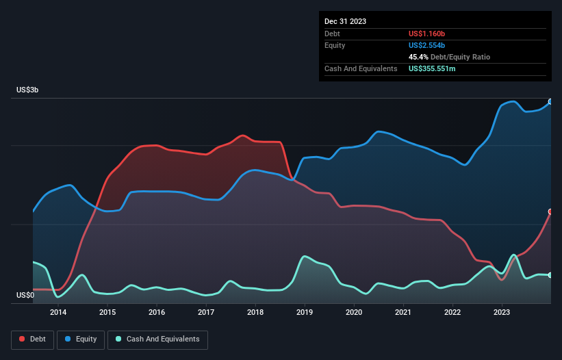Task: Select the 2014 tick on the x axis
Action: (58, 313)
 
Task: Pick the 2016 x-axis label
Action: (157, 313)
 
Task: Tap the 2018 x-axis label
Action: (255, 313)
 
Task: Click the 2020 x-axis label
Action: (354, 313)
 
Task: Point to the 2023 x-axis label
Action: (502, 313)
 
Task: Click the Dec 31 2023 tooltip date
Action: (345, 21)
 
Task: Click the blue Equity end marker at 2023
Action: (550, 101)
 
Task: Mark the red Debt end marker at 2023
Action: (550, 212)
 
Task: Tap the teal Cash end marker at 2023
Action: (550, 275)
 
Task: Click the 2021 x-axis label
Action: (403, 313)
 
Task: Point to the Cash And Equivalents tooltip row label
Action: (361, 68)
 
